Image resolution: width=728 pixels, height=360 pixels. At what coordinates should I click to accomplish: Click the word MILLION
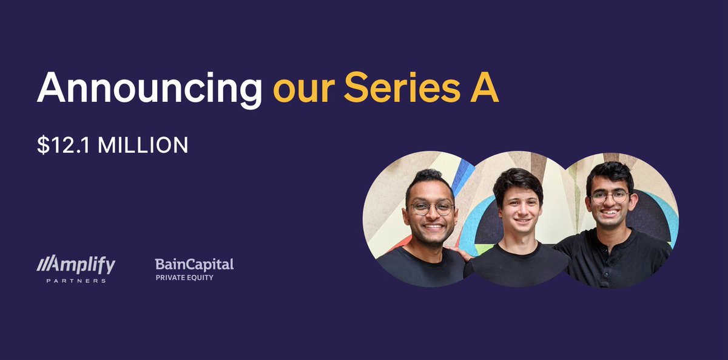(143, 146)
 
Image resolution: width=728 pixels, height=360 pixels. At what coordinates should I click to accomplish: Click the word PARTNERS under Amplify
(76, 280)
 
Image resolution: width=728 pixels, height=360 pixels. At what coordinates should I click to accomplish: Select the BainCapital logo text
(194, 264)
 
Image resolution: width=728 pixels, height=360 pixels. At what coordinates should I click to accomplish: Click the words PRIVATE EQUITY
(184, 278)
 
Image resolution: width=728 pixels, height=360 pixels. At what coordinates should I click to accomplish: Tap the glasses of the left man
(431, 208)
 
